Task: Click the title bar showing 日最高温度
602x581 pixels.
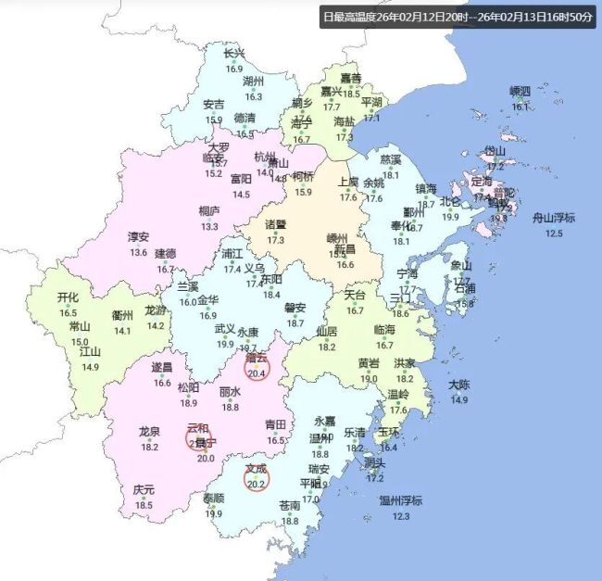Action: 457,17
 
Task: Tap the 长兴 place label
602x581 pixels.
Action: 234,54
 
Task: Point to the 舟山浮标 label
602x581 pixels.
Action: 554,219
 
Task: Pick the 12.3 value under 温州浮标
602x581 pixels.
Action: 400,516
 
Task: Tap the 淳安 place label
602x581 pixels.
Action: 139,237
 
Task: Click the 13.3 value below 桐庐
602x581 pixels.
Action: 209,226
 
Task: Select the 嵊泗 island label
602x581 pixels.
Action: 520,91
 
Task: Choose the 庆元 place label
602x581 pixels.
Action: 144,489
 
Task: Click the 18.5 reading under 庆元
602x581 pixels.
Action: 144,505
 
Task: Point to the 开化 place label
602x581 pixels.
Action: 68,298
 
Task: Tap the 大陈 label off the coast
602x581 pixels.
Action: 459,385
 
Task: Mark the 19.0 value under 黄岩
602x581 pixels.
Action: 369,378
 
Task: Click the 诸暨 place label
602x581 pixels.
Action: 276,224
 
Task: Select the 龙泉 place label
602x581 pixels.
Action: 149,432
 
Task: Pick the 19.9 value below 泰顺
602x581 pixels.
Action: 213,513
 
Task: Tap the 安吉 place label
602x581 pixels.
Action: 213,105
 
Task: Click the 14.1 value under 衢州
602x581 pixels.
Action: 122,331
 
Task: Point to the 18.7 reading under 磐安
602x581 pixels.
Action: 295,323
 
